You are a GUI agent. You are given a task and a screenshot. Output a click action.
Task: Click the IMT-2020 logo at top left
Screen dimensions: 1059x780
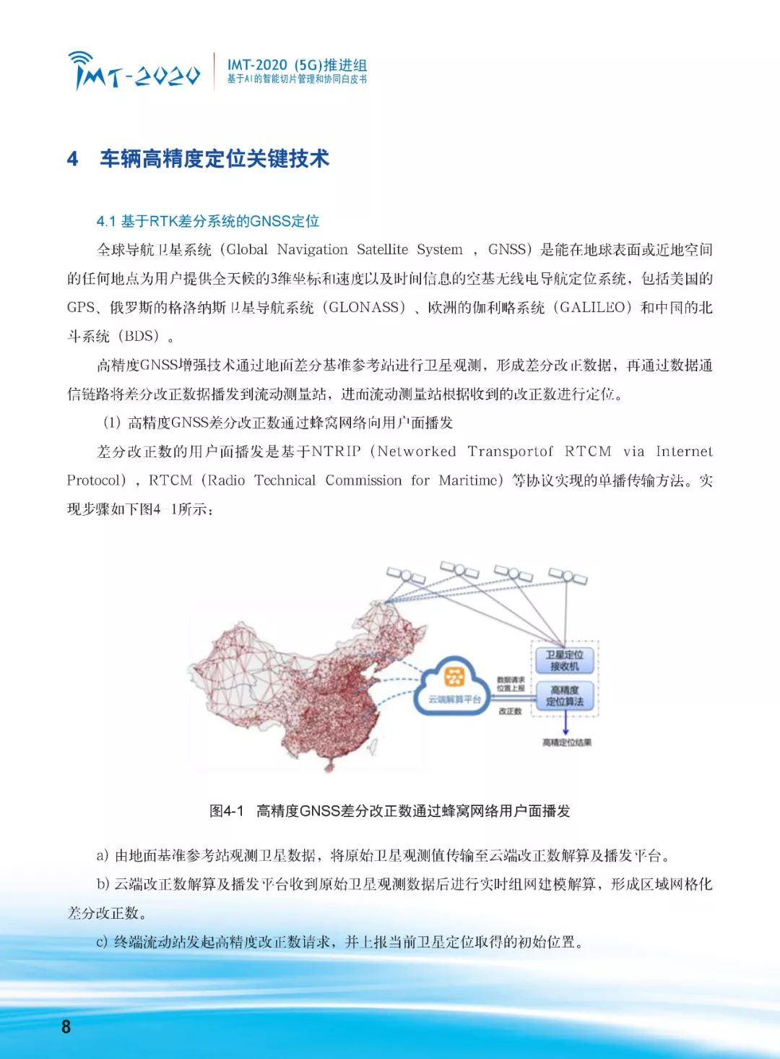pyautogui.click(x=134, y=71)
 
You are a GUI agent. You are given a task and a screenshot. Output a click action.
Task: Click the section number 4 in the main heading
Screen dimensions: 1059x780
pyautogui.click(x=72, y=159)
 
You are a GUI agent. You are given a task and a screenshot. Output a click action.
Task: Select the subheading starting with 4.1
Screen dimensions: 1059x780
pyautogui.click(x=208, y=221)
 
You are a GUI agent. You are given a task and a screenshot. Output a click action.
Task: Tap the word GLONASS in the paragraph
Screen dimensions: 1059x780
pyautogui.click(x=363, y=308)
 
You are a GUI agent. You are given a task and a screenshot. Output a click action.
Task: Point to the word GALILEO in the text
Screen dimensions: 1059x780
pyautogui.click(x=592, y=308)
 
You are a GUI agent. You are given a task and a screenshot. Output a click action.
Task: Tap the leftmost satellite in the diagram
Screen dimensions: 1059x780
pyautogui.click(x=406, y=576)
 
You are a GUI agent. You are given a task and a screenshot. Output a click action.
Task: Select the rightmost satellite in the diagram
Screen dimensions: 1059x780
pyautogui.click(x=568, y=576)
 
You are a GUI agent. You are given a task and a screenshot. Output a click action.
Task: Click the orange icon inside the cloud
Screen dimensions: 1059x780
pyautogui.click(x=454, y=677)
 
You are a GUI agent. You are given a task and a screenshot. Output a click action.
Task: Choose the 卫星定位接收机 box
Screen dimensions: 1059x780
pyautogui.click(x=564, y=660)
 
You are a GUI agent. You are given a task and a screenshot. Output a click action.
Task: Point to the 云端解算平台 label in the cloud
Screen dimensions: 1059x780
pyautogui.click(x=454, y=699)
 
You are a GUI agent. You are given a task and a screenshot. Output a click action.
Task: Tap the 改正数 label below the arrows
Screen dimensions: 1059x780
pyautogui.click(x=510, y=711)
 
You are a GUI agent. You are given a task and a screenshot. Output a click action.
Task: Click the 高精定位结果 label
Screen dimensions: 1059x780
pyautogui.click(x=567, y=743)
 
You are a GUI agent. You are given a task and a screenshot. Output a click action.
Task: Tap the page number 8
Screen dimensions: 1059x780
pyautogui.click(x=66, y=1026)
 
